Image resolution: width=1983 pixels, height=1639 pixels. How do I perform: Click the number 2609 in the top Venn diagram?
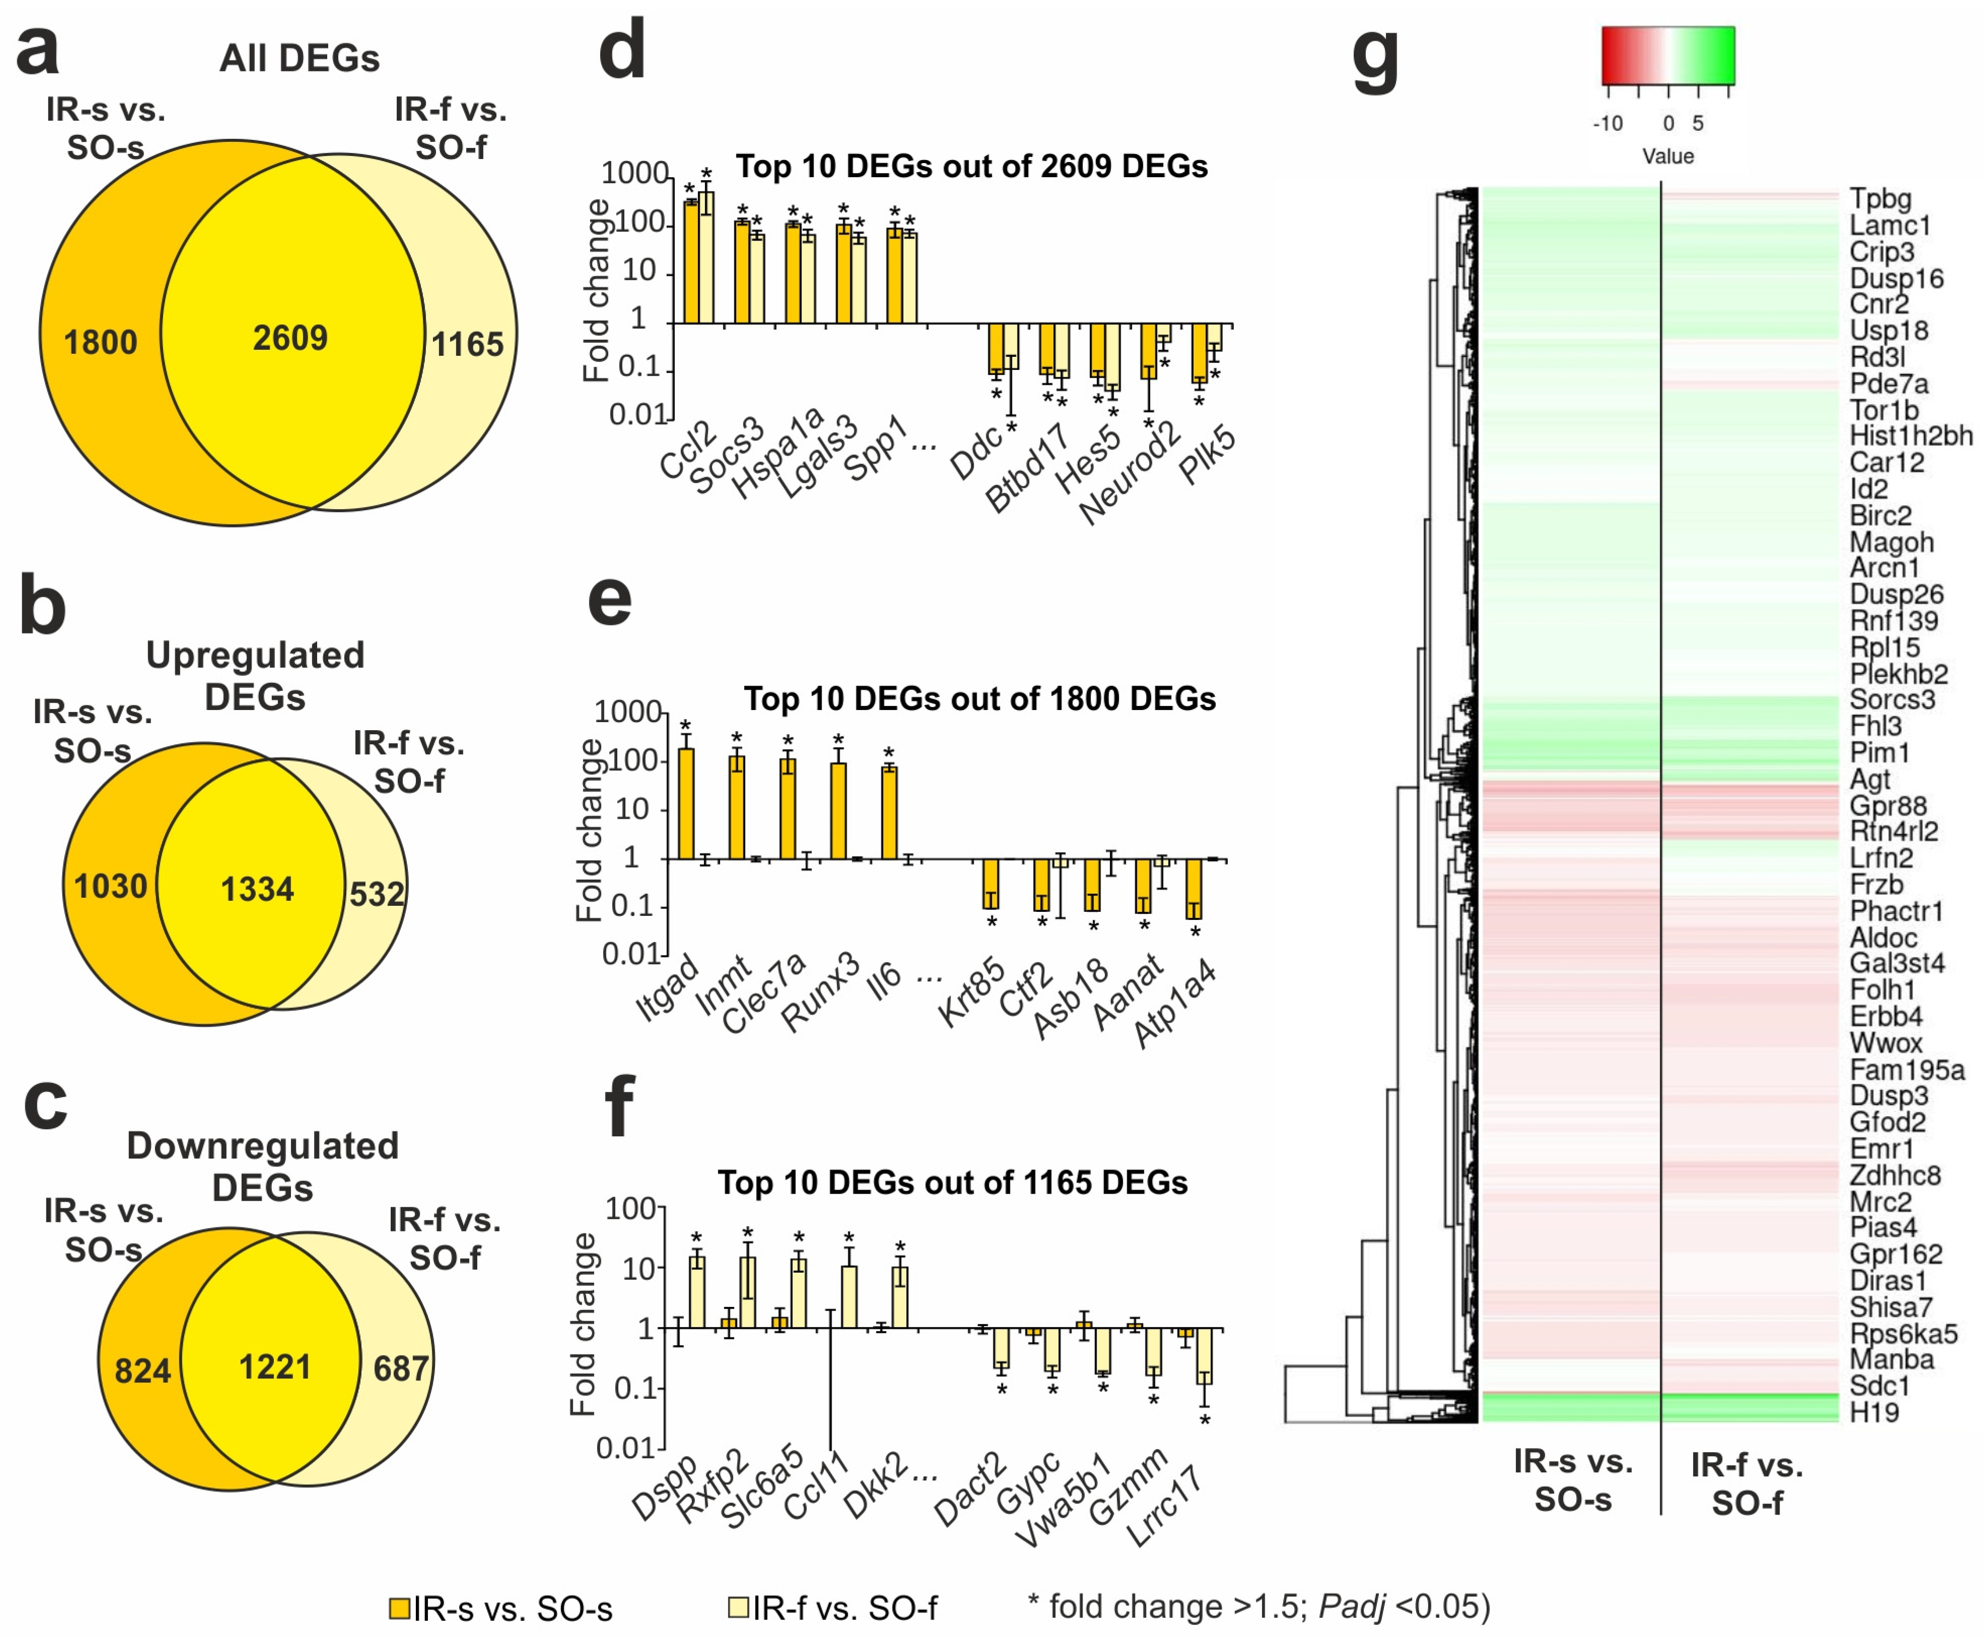point(290,338)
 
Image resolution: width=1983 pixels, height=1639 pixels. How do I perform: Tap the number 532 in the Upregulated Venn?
point(377,893)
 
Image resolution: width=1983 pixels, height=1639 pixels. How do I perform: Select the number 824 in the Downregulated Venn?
point(142,1370)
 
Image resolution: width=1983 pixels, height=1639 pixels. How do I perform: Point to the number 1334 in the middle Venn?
point(257,888)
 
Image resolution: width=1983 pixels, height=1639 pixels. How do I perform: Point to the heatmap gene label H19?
point(1873,1413)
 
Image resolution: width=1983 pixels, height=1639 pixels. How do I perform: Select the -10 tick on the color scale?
point(1607,123)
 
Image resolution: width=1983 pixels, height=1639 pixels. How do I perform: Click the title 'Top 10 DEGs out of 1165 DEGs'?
point(952,1182)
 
